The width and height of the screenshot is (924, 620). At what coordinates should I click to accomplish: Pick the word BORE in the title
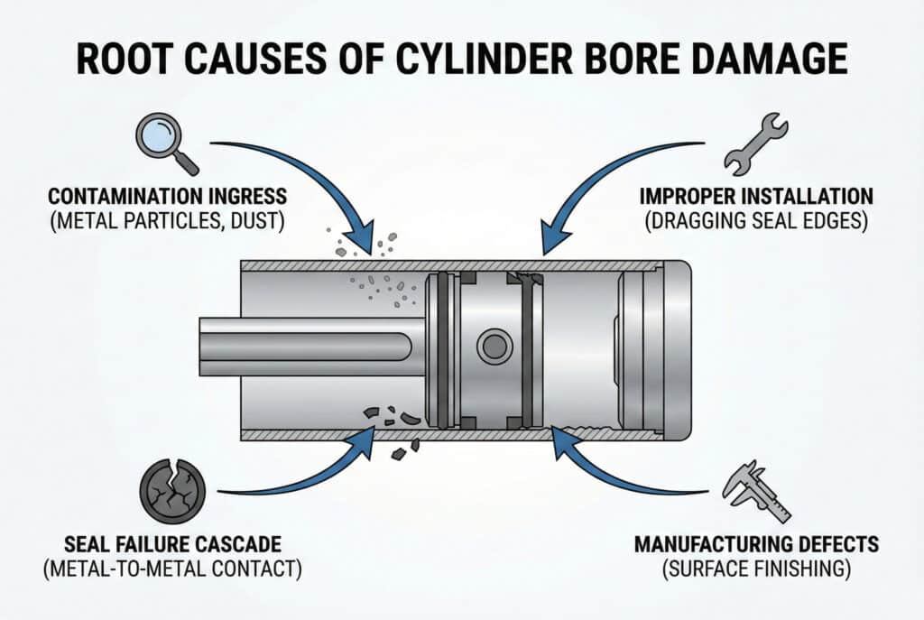tap(587, 59)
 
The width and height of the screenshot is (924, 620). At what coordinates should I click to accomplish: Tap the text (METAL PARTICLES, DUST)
tap(169, 220)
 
